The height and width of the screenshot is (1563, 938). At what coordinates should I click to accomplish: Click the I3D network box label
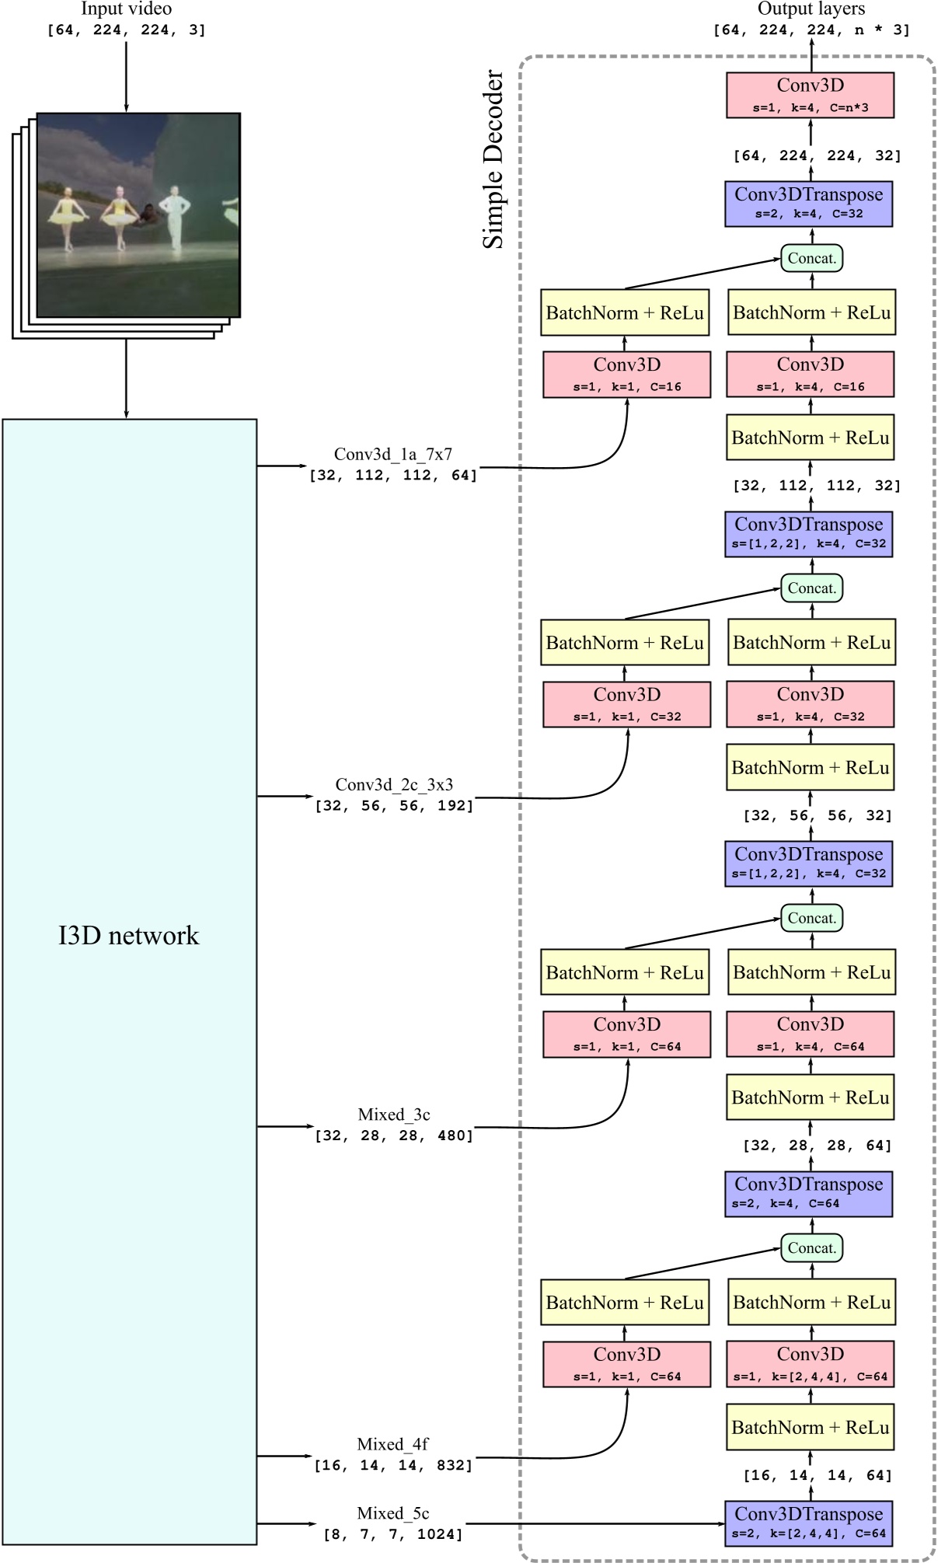(x=129, y=935)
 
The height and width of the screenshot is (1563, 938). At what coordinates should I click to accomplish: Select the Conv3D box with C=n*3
(x=810, y=95)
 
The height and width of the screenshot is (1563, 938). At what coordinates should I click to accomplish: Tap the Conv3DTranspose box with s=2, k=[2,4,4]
(x=808, y=1523)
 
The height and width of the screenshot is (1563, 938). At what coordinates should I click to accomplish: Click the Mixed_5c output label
(x=393, y=1513)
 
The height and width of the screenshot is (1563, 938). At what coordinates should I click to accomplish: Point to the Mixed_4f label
(x=393, y=1444)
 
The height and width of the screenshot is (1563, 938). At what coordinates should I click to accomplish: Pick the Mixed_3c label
(x=394, y=1115)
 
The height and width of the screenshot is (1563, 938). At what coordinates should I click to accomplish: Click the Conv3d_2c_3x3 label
(x=394, y=784)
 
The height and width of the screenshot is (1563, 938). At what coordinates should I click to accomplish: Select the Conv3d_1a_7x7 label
(x=393, y=454)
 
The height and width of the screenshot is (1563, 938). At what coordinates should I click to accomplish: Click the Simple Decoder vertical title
(x=493, y=159)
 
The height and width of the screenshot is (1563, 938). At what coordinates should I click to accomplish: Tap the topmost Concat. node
(x=811, y=258)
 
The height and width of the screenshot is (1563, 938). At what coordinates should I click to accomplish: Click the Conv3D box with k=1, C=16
(x=626, y=374)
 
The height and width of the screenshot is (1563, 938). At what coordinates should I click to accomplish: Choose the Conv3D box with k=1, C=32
(x=626, y=704)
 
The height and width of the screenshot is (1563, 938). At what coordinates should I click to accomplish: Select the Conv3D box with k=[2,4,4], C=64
(x=810, y=1364)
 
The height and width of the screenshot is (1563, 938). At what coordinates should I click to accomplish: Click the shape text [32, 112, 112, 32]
(x=816, y=486)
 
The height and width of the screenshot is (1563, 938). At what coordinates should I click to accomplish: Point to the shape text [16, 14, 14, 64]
(x=817, y=1475)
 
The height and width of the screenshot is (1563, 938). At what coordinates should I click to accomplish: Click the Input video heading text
(x=126, y=9)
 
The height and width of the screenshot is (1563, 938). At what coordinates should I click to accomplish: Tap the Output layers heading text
(x=811, y=9)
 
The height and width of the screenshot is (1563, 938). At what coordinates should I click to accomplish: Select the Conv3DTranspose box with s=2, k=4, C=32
(x=808, y=204)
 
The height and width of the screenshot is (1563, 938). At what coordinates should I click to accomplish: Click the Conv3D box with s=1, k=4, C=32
(x=810, y=704)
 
